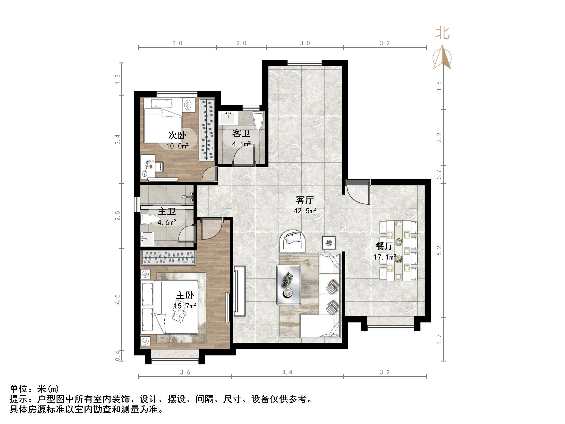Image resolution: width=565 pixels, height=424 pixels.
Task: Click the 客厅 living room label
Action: point(305,200)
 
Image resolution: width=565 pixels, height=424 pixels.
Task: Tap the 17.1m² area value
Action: point(385,257)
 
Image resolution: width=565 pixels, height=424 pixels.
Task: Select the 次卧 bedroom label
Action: point(177,135)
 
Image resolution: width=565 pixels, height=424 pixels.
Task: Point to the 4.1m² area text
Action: point(241,144)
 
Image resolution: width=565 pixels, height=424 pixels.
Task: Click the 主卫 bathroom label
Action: point(167,211)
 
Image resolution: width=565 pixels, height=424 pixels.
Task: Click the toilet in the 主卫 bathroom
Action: point(150,220)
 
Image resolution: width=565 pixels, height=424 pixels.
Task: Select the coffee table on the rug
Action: point(289,285)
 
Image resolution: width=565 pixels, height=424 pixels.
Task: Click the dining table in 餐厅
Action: point(399,250)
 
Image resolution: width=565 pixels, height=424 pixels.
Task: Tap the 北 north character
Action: point(443,34)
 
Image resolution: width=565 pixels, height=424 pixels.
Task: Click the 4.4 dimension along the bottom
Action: point(287,372)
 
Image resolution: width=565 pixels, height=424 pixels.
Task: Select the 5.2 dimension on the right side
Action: point(439,251)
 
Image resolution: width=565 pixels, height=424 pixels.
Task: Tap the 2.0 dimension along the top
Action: point(241,43)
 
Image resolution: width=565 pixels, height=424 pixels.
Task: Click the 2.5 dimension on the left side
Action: point(118,216)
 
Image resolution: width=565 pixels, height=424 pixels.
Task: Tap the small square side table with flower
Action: point(329,243)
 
